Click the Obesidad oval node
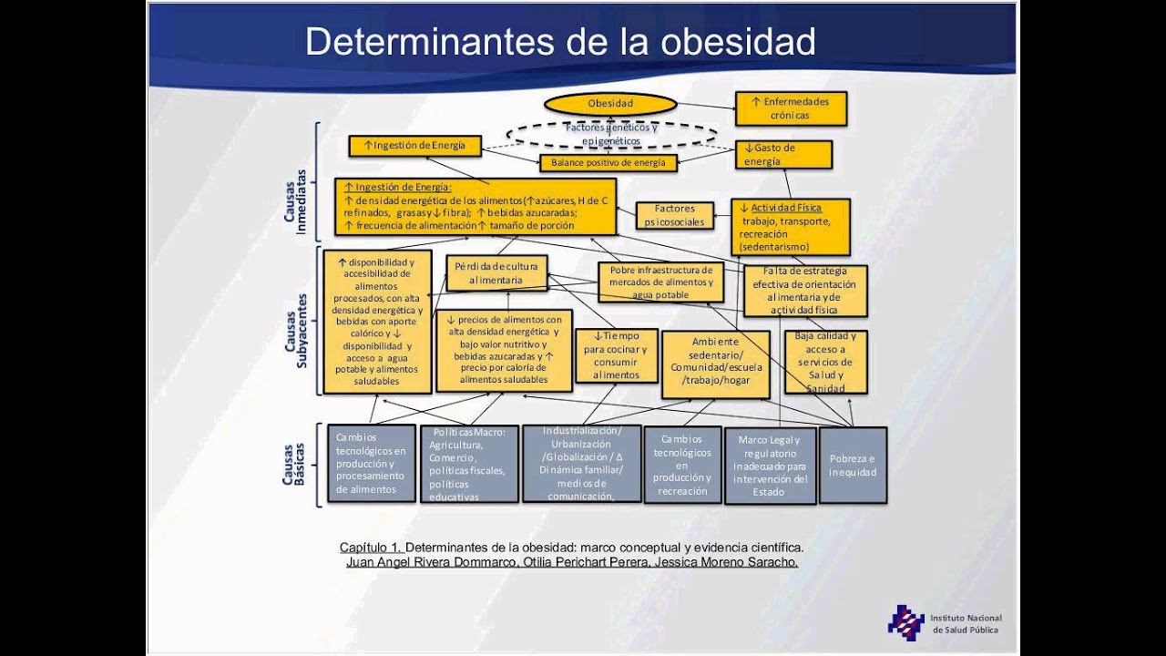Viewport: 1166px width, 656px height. [610, 104]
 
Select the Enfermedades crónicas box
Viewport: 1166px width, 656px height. [791, 108]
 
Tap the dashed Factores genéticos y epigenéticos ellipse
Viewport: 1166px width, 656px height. [611, 135]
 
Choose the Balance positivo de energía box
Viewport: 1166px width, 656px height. [609, 163]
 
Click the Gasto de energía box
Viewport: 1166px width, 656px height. [782, 155]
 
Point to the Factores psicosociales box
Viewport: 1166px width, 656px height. [674, 215]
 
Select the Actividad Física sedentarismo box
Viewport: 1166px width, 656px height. [790, 227]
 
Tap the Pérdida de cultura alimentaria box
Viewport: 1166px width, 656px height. [496, 273]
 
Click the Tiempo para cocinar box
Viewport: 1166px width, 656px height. [616, 355]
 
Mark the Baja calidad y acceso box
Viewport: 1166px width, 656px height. [825, 362]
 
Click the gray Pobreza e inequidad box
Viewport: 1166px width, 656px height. [853, 466]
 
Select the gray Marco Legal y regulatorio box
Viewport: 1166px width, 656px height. [770, 466]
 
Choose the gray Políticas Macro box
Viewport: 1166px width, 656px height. [469, 465]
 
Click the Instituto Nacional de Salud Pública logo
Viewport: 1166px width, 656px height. [906, 622]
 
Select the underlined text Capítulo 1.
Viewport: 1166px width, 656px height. [370, 548]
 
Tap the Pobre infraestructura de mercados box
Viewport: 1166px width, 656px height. [660, 282]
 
